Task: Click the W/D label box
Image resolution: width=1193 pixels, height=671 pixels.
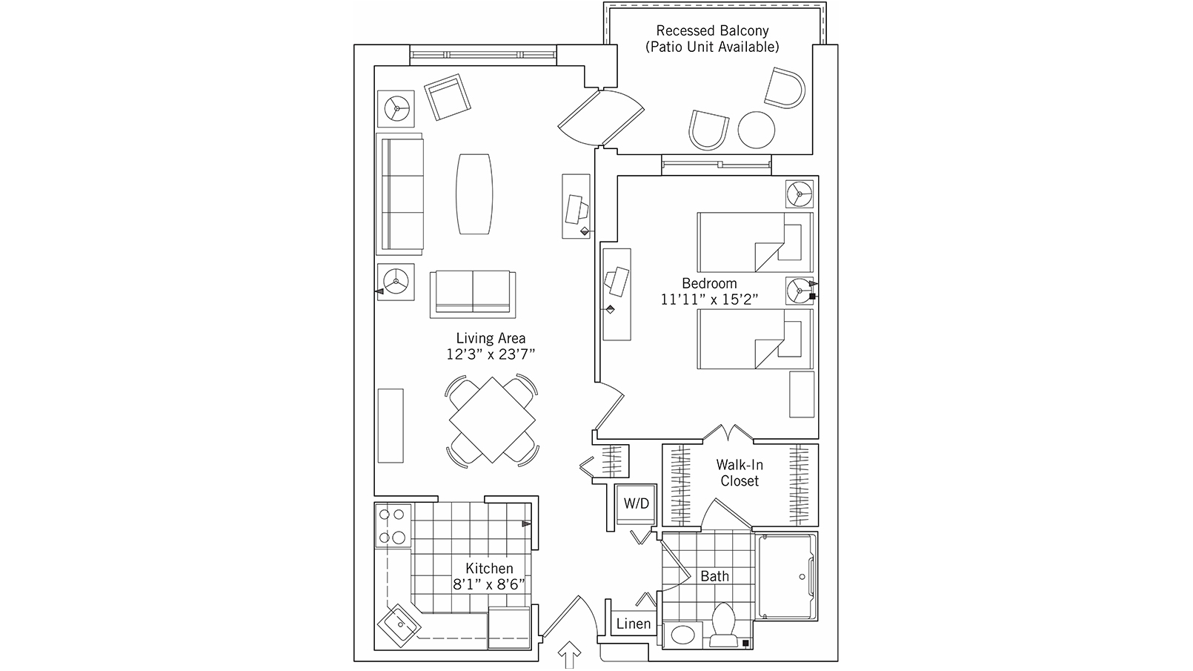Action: [636, 504]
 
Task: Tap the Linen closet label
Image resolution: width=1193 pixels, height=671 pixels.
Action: [634, 624]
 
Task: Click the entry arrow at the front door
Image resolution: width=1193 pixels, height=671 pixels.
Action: [570, 655]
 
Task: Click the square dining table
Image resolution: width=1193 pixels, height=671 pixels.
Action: [492, 420]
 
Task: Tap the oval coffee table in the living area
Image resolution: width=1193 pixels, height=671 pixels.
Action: [474, 194]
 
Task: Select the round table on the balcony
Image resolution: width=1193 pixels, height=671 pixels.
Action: [757, 130]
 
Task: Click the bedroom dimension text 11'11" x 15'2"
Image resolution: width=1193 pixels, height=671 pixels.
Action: [709, 300]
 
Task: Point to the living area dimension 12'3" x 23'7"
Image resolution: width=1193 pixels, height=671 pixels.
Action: [491, 354]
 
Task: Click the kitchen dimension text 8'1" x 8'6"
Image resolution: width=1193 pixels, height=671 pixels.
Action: [489, 584]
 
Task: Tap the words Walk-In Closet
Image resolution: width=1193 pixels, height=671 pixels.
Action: [739, 473]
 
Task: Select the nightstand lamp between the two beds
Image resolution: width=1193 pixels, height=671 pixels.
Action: [800, 291]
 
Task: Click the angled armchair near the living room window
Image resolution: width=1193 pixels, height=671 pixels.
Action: [448, 96]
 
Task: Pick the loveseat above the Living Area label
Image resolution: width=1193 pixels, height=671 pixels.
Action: [473, 294]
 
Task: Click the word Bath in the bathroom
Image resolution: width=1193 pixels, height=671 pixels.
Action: [714, 576]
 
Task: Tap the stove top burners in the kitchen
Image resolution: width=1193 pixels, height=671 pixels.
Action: [393, 526]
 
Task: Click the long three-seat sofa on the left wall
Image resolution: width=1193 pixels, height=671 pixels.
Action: [402, 195]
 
